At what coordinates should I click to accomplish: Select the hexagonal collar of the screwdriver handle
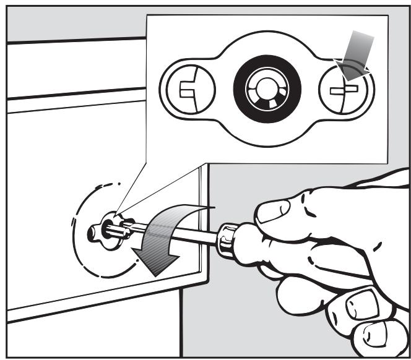click(226, 238)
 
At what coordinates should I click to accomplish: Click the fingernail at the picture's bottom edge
click(371, 344)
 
